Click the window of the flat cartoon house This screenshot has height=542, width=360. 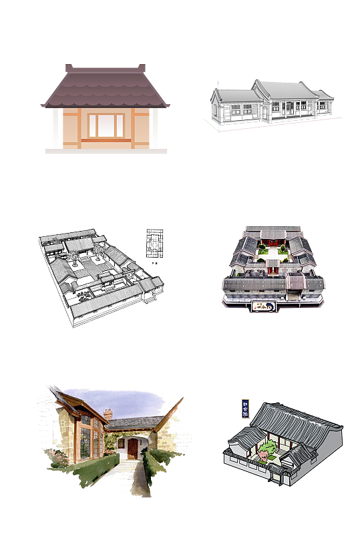point(106,125)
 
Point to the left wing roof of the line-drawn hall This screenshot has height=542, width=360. point(232,95)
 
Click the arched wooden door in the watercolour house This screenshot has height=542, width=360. point(132,448)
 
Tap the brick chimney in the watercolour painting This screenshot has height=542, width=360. point(108,416)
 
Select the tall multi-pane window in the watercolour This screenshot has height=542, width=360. point(85,441)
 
